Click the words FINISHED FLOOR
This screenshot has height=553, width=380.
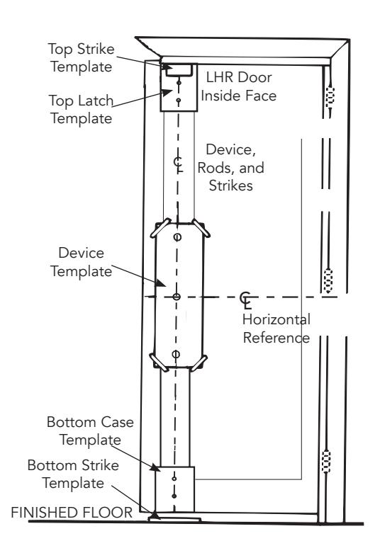click(72, 513)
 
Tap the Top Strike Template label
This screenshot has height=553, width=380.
click(82, 58)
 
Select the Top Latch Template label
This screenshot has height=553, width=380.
click(82, 109)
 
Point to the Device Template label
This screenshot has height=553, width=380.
click(82, 263)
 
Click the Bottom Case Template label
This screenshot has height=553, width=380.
click(91, 431)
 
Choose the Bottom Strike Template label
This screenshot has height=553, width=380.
click(73, 474)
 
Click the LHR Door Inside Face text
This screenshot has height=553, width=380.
click(239, 86)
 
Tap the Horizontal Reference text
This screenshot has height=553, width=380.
click(276, 329)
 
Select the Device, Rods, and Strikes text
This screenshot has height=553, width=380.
click(230, 168)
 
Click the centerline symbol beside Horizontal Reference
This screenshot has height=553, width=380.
click(246, 300)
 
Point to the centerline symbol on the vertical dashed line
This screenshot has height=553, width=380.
click(179, 164)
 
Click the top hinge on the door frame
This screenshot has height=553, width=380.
click(330, 95)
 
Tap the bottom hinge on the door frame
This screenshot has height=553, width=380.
click(327, 461)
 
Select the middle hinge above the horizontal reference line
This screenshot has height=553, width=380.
click(328, 280)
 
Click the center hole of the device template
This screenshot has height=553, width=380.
click(177, 297)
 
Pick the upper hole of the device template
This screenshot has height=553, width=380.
click(177, 236)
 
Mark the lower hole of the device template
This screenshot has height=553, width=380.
click(176, 355)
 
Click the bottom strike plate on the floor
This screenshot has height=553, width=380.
click(175, 519)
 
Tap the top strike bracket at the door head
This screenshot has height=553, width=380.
click(179, 69)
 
